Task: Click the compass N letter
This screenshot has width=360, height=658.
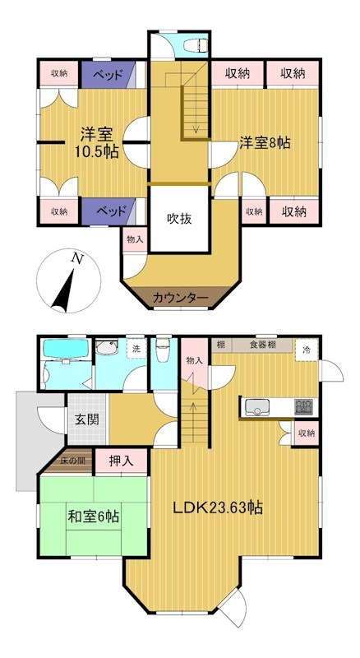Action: (x=76, y=258)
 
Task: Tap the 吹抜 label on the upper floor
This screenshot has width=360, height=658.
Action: (x=180, y=218)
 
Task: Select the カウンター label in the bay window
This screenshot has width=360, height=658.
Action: (x=181, y=298)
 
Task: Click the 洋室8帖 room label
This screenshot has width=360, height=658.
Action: (x=265, y=143)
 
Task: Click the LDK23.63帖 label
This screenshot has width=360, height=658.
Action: (x=218, y=507)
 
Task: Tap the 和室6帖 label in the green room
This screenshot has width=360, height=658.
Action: (x=94, y=516)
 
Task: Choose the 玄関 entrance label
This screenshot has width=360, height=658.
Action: (x=87, y=419)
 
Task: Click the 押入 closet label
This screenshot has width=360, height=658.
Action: (x=121, y=461)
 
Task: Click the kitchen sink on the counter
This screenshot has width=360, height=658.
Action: (x=257, y=407)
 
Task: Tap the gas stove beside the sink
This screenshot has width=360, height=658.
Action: (x=304, y=407)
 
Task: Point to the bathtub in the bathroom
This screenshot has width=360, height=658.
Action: (x=67, y=348)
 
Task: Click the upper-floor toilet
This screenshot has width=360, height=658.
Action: (x=196, y=45)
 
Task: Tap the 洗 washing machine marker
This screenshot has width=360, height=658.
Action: (x=137, y=349)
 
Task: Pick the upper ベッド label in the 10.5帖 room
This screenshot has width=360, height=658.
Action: (x=108, y=75)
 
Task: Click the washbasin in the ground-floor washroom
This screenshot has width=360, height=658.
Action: (x=104, y=347)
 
